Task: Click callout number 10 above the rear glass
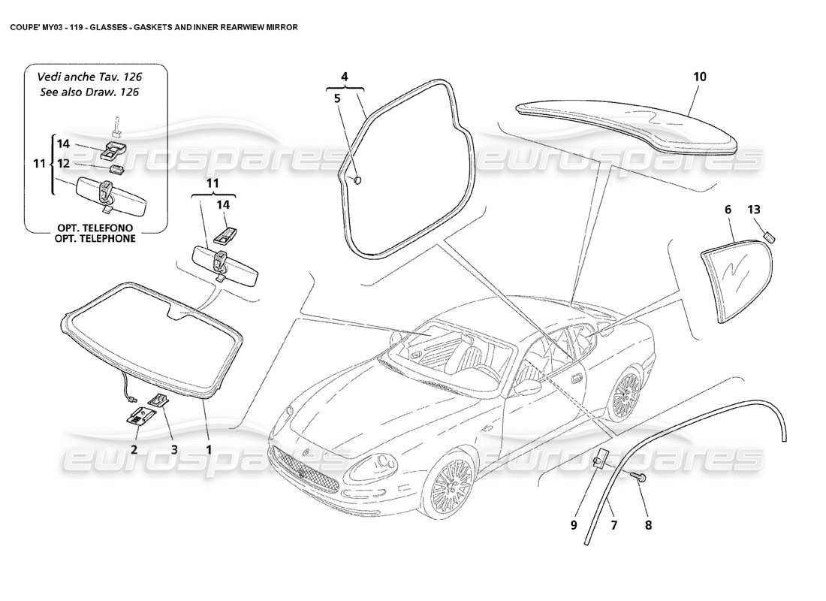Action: coord(700,77)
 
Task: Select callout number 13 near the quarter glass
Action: coord(752,210)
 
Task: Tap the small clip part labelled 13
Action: coord(769,237)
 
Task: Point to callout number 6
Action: coord(728,210)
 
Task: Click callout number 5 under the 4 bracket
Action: coord(337,98)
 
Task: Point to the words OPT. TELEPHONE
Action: coord(94,238)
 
